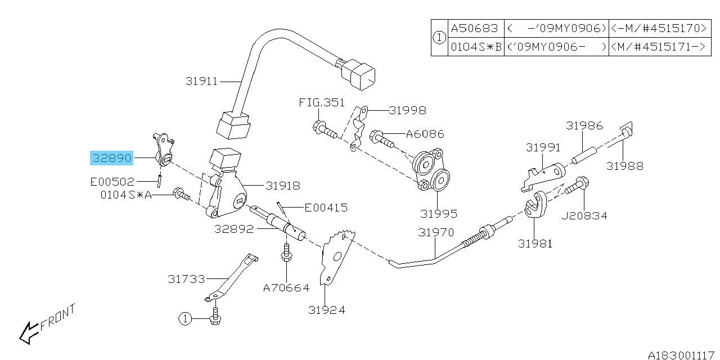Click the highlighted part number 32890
pos(112,159)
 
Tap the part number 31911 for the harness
pos(201,82)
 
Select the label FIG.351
pos(321,103)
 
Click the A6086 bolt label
pos(425,134)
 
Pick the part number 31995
pos(438,214)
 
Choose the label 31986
pos(584,125)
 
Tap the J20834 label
pos(584,215)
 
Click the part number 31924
pos(326,309)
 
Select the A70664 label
pos(286,287)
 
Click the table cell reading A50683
pos(474,28)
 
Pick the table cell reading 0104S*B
pos(475,47)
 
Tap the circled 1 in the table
pos(439,38)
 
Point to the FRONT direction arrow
pos(28,332)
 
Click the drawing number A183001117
pos(680,355)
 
